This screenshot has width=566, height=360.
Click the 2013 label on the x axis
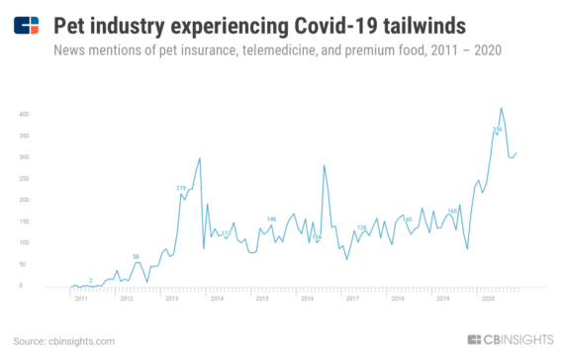[x=172, y=297]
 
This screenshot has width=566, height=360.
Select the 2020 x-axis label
[x=488, y=297]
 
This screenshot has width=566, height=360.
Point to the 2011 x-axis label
[x=82, y=297]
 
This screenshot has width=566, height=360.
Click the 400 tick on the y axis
[x=23, y=114]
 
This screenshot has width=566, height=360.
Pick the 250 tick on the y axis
[x=23, y=178]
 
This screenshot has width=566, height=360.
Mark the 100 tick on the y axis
[x=23, y=242]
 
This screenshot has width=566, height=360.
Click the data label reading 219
[x=181, y=188]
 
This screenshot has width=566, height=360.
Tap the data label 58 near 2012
[x=136, y=256]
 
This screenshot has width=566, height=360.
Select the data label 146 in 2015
[x=271, y=219]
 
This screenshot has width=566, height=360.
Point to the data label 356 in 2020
[x=498, y=130]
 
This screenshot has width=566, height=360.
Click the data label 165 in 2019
[x=452, y=211]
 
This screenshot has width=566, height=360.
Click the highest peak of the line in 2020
[x=502, y=108]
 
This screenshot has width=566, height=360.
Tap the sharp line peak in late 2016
[x=324, y=165]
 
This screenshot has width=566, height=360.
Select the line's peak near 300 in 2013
[x=201, y=158]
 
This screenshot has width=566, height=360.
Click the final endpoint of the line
[x=517, y=152]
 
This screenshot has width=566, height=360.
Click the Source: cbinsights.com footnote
[x=64, y=341]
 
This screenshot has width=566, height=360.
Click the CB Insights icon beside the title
[x=28, y=23]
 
